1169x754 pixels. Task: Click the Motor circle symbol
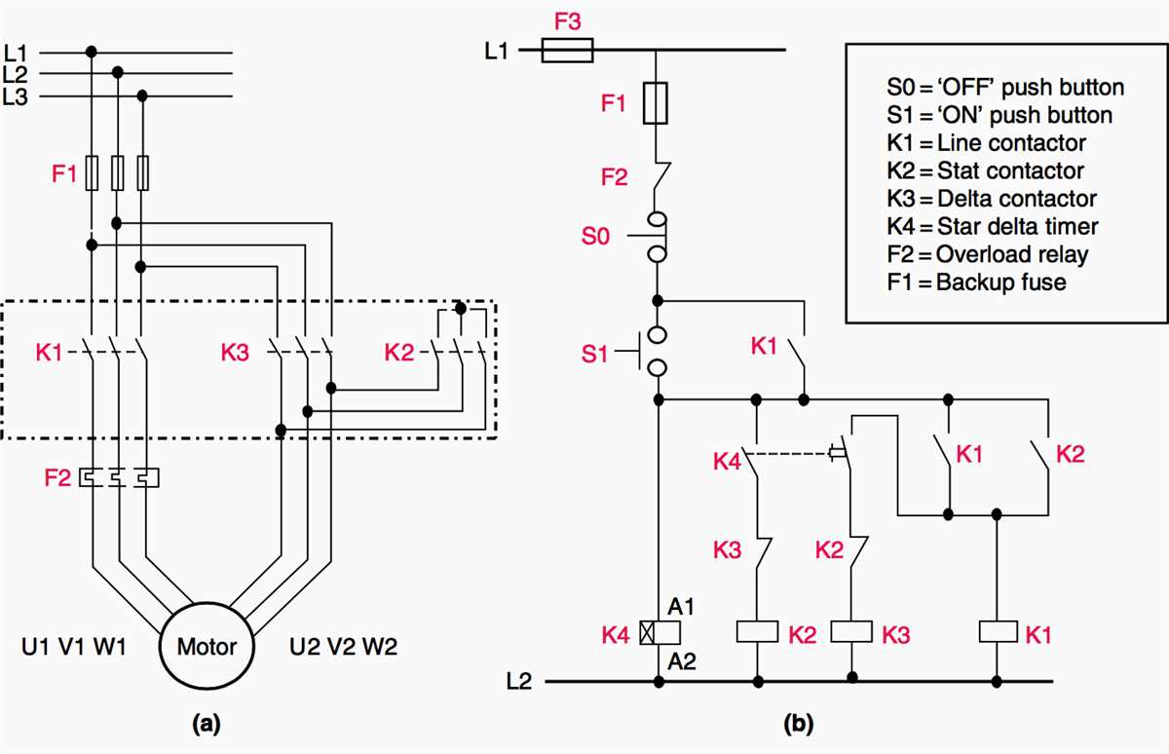click(206, 646)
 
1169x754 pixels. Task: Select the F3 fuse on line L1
click(567, 50)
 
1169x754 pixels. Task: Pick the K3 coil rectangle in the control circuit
click(853, 631)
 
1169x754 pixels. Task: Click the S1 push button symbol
click(655, 351)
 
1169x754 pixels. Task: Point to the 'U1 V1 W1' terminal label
click(74, 647)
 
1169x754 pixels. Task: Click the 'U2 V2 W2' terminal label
click(343, 647)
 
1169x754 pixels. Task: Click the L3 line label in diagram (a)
click(17, 95)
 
